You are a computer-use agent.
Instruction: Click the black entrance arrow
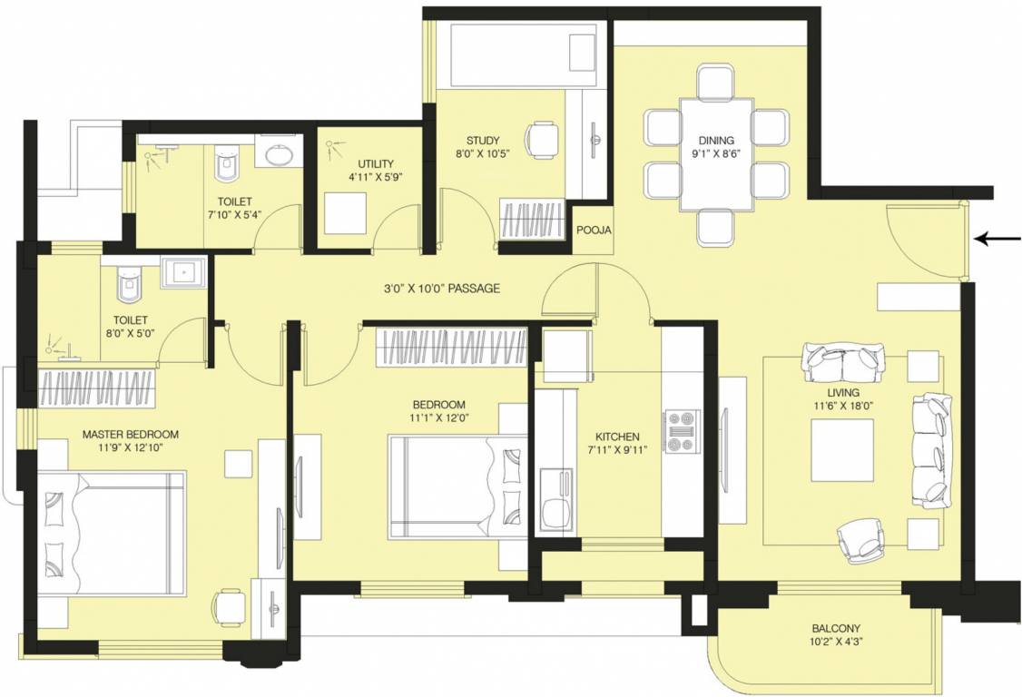click(996, 239)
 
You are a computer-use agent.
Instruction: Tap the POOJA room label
click(594, 231)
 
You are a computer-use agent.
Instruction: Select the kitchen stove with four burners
click(683, 431)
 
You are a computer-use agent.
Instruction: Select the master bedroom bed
click(111, 535)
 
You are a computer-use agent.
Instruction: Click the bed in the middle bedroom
click(457, 487)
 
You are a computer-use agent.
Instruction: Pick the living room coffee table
click(842, 451)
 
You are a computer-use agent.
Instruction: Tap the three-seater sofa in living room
click(931, 451)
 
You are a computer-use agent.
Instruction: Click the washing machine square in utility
click(346, 213)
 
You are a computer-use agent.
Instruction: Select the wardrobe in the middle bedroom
click(451, 346)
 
